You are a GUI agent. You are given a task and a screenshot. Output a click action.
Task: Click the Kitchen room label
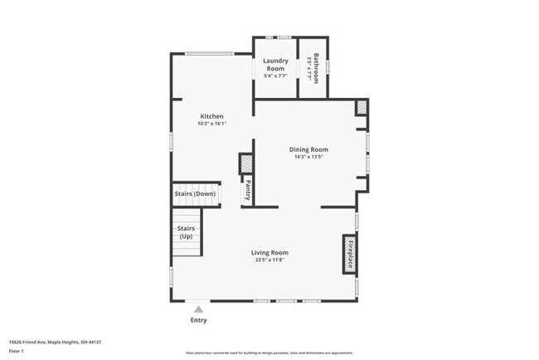click(x=211, y=116)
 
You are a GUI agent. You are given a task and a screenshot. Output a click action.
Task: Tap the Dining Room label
click(x=308, y=149)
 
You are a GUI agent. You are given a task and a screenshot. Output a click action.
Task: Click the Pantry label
click(x=247, y=190)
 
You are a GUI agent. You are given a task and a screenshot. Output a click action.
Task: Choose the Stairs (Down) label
click(x=195, y=194)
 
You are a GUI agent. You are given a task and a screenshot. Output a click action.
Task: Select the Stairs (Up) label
click(x=186, y=231)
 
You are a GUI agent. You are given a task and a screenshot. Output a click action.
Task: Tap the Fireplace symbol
click(x=350, y=253)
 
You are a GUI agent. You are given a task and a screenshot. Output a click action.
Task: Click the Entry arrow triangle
click(x=198, y=309)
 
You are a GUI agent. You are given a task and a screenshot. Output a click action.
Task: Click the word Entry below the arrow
click(x=198, y=320)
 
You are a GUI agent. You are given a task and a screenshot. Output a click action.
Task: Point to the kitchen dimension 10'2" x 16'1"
click(x=211, y=124)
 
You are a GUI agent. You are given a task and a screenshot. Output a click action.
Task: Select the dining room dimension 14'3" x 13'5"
click(x=308, y=157)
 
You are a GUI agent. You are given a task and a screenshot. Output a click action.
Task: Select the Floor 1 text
click(x=17, y=351)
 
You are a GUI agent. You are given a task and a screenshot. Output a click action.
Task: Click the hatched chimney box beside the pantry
click(x=246, y=163)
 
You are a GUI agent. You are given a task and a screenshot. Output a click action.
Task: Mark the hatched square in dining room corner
click(x=362, y=108)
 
